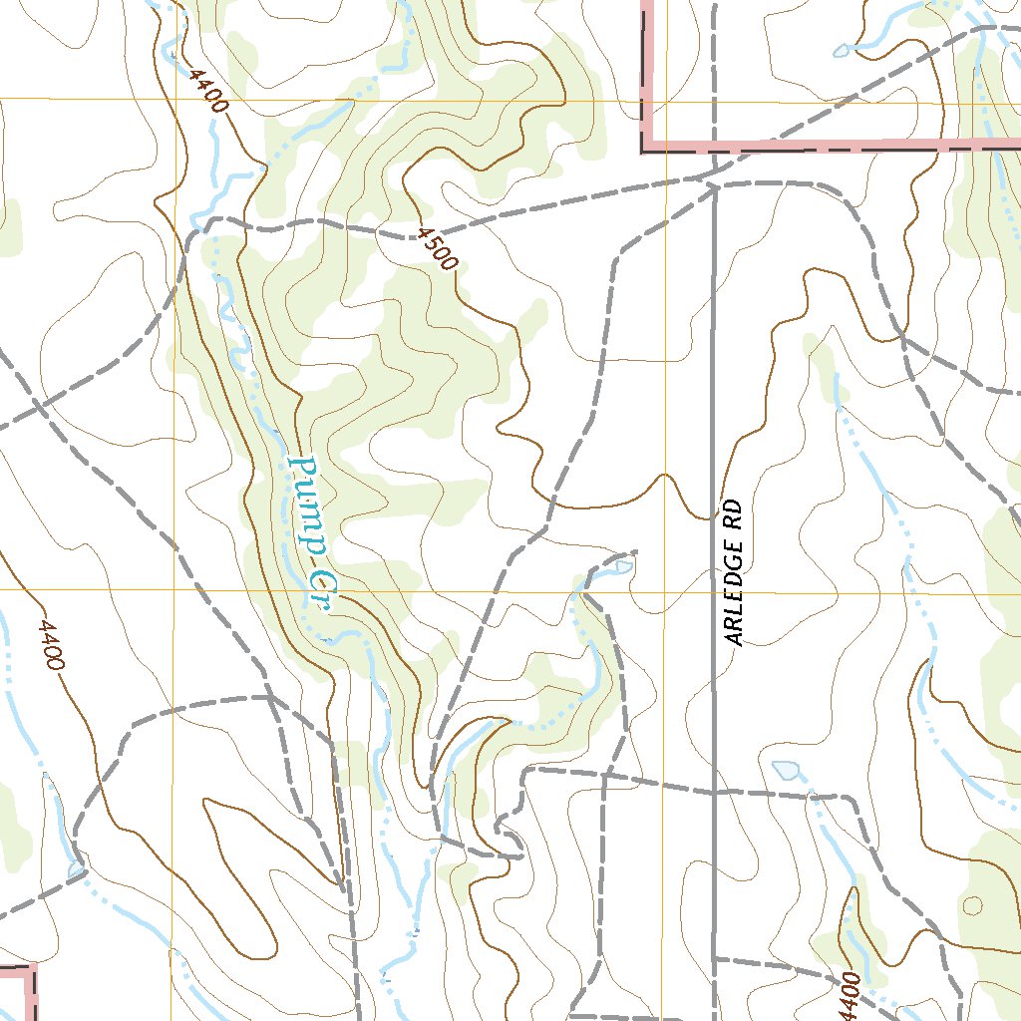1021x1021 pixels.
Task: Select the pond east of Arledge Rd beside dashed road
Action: click(x=788, y=770)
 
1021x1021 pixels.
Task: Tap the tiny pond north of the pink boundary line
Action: click(x=842, y=50)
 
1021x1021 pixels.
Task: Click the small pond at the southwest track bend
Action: click(x=77, y=869)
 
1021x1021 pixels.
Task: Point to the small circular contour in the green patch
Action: click(x=973, y=905)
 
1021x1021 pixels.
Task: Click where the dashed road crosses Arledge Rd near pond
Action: click(x=715, y=794)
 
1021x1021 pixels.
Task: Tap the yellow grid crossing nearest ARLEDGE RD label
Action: click(x=666, y=592)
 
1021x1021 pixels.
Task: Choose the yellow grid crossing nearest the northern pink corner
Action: click(x=666, y=101)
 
